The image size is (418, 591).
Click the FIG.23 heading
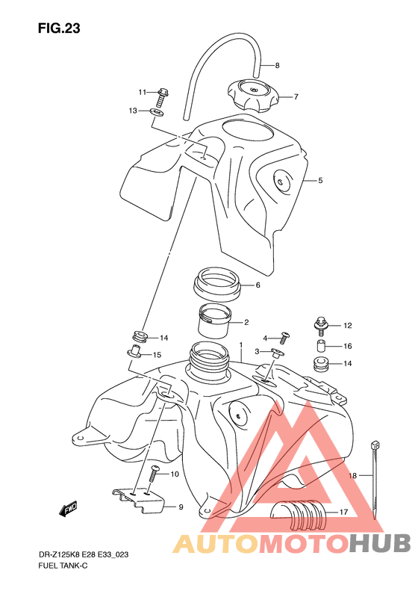point(59,28)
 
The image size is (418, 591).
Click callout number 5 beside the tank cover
point(320,181)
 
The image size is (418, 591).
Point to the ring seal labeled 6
point(217,284)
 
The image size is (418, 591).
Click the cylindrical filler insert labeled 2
point(213,321)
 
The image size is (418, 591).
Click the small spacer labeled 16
point(321,346)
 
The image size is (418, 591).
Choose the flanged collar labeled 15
point(134,352)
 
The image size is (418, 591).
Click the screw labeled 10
point(155,474)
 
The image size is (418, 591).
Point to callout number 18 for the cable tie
point(352,476)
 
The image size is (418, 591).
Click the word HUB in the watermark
point(380,543)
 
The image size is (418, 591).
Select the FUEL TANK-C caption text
point(63,566)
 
